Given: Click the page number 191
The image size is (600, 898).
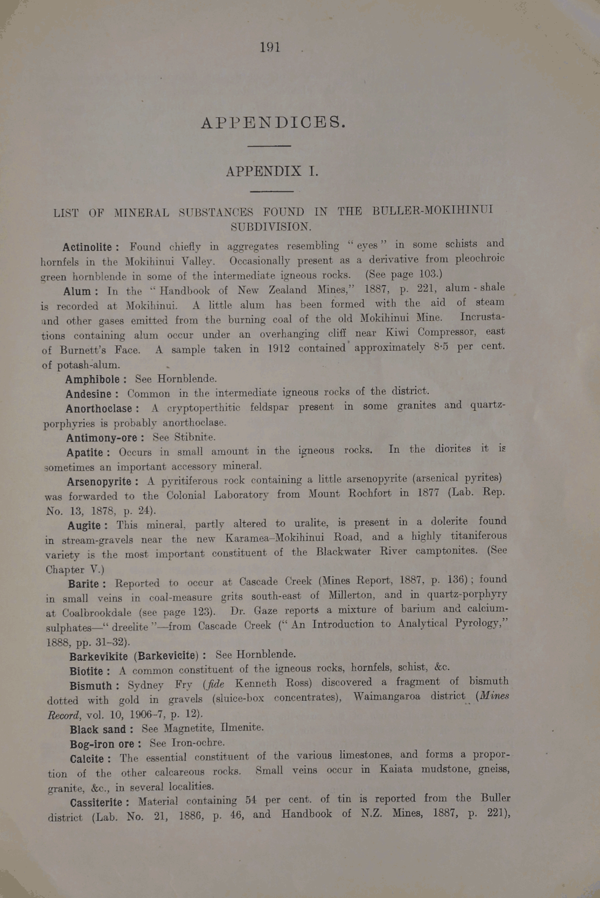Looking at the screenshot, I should coord(270,47).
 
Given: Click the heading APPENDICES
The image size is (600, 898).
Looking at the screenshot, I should coord(273,122).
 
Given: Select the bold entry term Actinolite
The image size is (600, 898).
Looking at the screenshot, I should coord(88,247).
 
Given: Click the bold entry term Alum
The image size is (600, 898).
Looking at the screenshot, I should coord(79,292).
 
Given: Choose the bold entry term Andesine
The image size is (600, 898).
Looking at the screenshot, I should coord(89,394).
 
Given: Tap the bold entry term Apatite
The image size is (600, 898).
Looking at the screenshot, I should coord(86,452).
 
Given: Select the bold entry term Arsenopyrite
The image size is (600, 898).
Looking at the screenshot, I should coord(100,481).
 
